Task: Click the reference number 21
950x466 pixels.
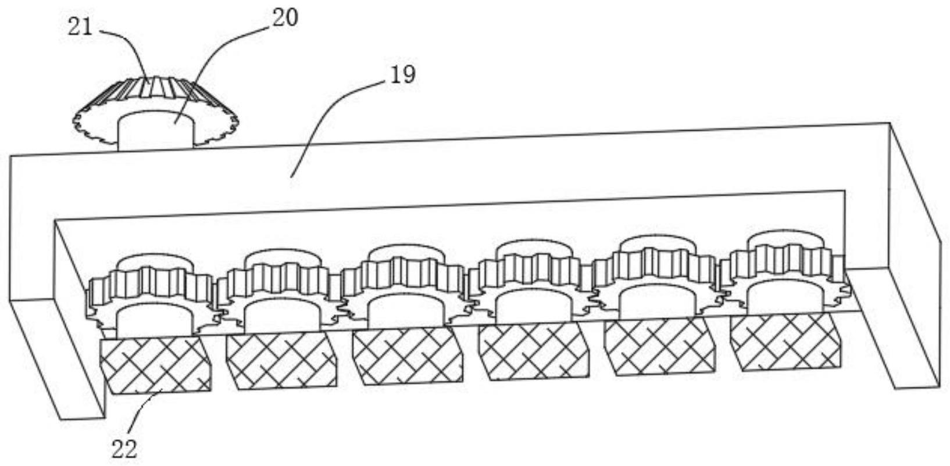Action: coord(80,27)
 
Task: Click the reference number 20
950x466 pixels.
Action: coord(285,18)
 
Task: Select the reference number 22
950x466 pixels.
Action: coord(124,449)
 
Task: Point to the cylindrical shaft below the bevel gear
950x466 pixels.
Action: coord(155,131)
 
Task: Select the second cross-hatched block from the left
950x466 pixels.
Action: coord(281,361)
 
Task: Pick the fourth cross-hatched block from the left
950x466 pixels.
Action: coord(533,351)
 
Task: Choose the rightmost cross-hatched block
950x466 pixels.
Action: coord(785,343)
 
